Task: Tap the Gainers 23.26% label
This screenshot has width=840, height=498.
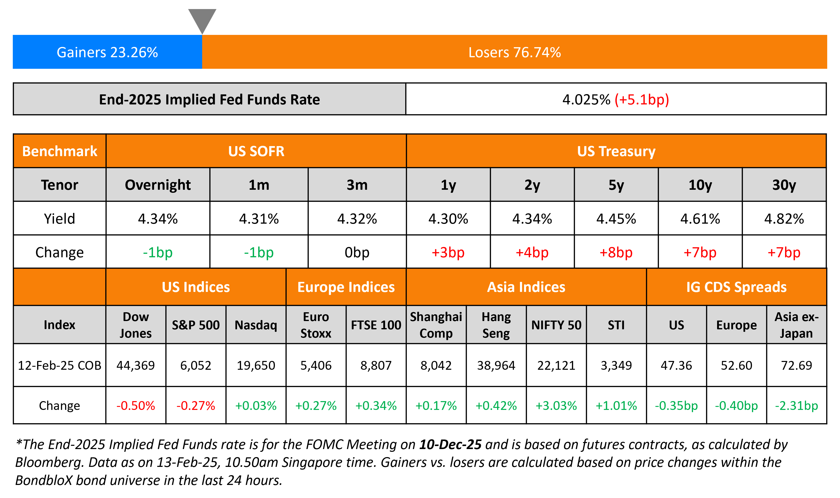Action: coord(107,52)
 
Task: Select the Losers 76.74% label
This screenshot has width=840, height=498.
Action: coord(514,52)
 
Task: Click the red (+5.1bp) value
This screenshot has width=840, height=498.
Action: coord(642,100)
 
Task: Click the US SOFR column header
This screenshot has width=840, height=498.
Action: coord(256,151)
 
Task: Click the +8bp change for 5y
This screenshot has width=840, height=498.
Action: coord(616,252)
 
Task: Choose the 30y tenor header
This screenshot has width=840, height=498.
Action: coord(784,185)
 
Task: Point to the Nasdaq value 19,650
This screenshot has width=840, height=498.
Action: coord(256,365)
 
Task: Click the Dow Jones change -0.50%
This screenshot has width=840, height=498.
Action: coord(135,406)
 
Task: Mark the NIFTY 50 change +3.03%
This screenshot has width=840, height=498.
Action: coord(556,406)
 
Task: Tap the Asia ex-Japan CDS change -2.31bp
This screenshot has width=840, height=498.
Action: coord(796,406)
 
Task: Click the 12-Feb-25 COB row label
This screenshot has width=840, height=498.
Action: coord(59,365)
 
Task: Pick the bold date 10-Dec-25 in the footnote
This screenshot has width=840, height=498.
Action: coord(450,445)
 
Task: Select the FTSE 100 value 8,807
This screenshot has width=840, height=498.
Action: coord(376,365)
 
